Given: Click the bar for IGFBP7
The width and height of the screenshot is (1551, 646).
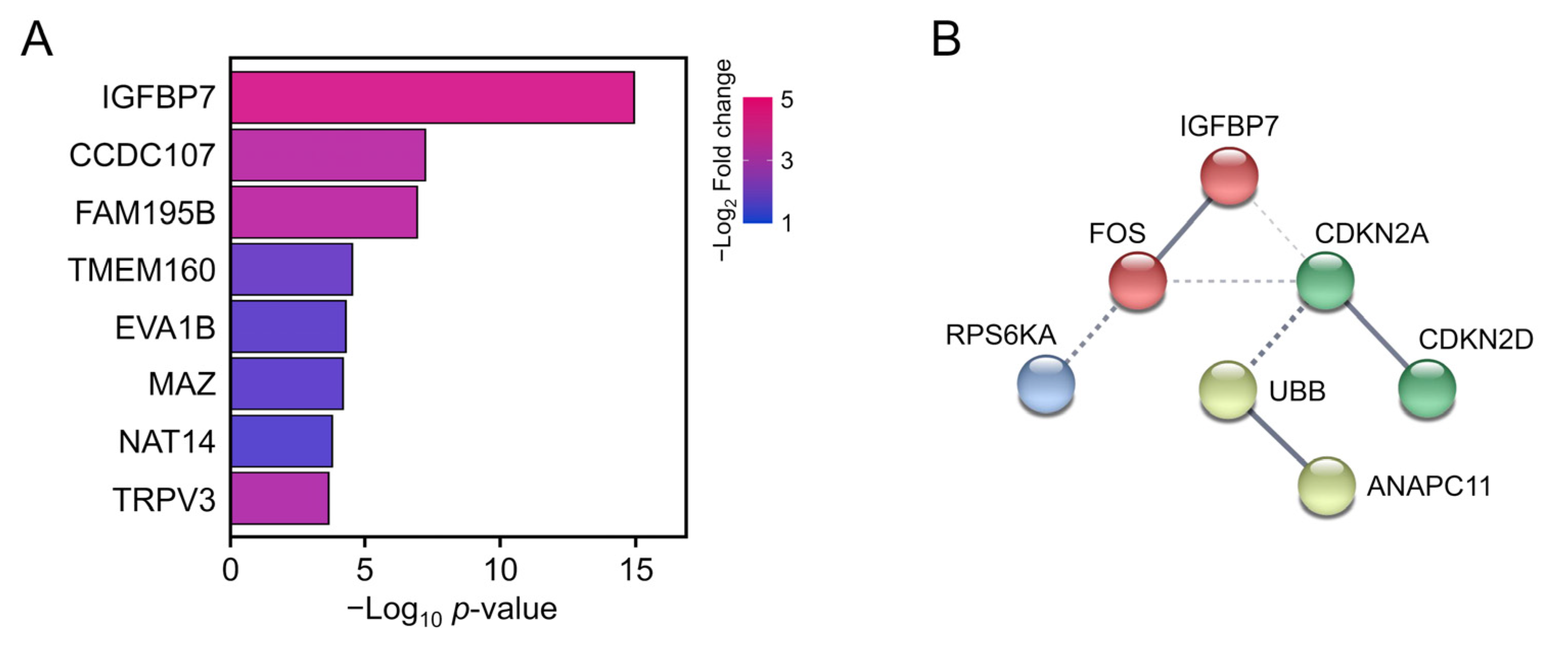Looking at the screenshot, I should click(432, 98).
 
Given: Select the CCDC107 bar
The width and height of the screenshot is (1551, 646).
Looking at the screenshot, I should click(328, 155).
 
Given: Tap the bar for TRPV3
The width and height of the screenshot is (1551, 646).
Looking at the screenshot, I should click(280, 498).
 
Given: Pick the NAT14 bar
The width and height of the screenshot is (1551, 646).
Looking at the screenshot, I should click(282, 441).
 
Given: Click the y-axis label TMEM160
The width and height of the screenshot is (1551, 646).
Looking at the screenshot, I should click(142, 270).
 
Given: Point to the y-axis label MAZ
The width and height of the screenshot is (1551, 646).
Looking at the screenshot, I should click(182, 384).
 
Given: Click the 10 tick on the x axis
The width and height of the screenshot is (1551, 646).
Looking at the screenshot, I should click(500, 569).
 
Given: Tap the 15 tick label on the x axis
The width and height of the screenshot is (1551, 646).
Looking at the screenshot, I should click(636, 569).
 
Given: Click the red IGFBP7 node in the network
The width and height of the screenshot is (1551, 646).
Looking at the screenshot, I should click(1229, 176).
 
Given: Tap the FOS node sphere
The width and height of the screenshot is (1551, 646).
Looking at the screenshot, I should click(1137, 281).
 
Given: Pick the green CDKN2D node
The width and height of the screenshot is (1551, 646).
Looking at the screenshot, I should click(1426, 388).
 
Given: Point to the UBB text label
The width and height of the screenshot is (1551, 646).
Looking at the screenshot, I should click(1297, 391).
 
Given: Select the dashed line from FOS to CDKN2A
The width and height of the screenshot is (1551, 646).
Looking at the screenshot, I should click(1231, 281).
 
